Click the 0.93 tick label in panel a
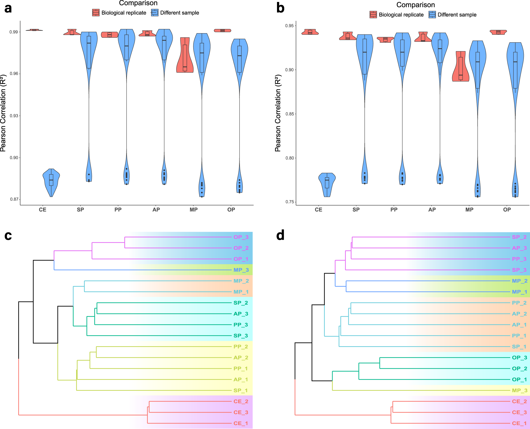click(x=14, y=116)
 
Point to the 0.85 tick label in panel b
click(x=290, y=114)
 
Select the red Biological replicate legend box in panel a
click(x=96, y=13)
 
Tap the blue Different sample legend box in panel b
click(x=432, y=15)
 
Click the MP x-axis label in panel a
click(x=194, y=210)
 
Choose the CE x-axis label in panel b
click(x=318, y=210)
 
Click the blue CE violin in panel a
click(x=51, y=181)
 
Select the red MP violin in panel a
click(x=185, y=56)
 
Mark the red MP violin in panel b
click(x=461, y=67)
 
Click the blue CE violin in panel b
click(x=327, y=184)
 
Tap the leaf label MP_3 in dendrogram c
click(x=241, y=270)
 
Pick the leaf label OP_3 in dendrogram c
click(x=241, y=237)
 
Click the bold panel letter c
click(x=8, y=236)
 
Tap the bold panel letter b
click(x=280, y=8)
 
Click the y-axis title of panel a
click(x=3, y=113)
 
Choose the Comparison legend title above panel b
click(x=415, y=5)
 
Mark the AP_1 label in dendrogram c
click(x=241, y=379)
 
